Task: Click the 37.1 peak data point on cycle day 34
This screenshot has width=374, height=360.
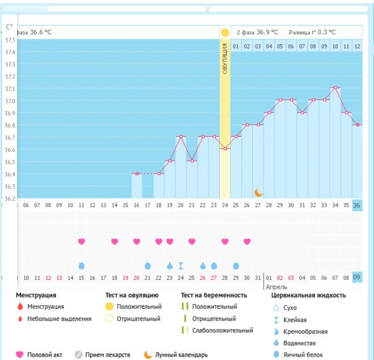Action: (x=336, y=87)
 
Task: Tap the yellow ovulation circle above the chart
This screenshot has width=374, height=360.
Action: (x=225, y=33)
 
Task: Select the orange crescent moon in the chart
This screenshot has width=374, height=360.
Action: (x=258, y=192)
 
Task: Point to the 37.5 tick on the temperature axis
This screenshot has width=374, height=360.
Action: (x=10, y=40)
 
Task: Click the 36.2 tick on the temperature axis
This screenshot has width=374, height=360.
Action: (x=10, y=199)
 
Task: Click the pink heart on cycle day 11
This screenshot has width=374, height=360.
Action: (x=82, y=241)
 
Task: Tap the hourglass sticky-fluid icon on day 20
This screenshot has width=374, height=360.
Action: (x=181, y=265)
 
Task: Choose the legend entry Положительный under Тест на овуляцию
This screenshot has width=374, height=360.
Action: (x=137, y=307)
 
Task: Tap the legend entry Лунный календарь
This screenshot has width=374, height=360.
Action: (x=179, y=355)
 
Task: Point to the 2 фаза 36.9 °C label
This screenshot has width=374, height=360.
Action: (x=257, y=32)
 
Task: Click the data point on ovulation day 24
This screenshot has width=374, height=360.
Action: (x=225, y=148)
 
